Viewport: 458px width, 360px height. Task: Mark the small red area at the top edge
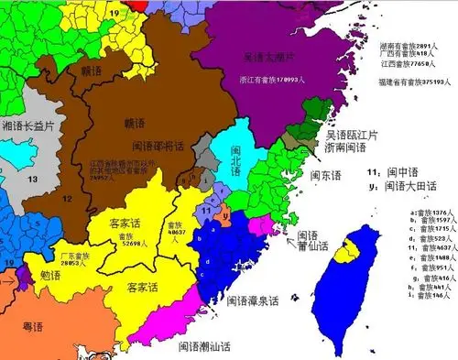136,5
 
